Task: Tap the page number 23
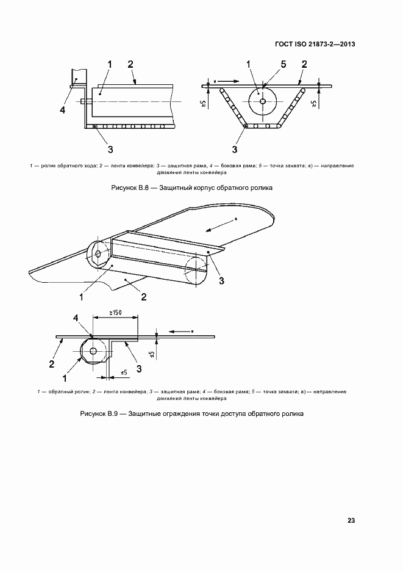(351, 520)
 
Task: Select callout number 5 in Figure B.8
(283, 64)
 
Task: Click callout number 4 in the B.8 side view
(62, 110)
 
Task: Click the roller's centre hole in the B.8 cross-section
(263, 101)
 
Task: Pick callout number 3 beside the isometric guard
(222, 280)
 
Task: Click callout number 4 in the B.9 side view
(76, 318)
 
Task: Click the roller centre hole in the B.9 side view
(93, 351)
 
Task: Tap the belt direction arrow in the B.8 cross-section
(223, 79)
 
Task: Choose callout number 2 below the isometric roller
(143, 297)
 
